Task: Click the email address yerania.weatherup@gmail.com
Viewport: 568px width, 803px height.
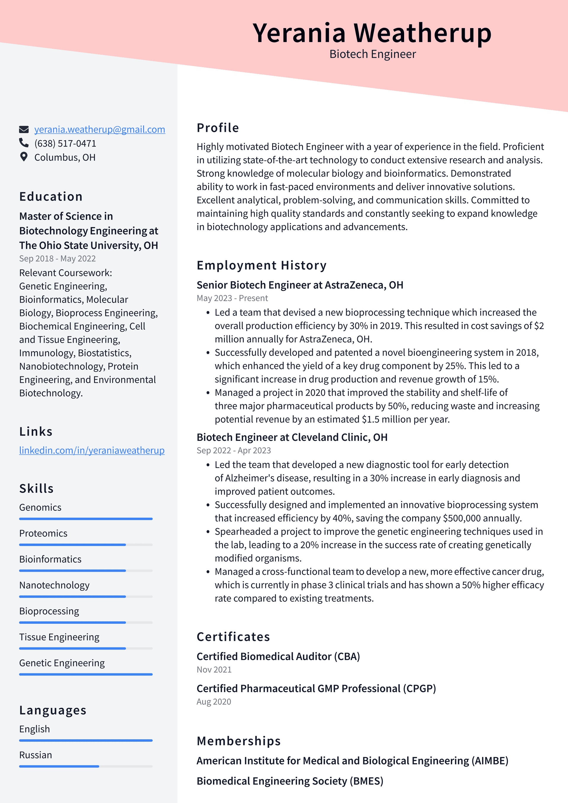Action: (x=99, y=129)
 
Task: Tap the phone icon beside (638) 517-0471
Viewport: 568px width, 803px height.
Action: (x=24, y=143)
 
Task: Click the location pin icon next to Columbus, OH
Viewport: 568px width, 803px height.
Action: (x=24, y=157)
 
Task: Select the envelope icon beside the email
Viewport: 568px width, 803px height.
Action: (x=24, y=129)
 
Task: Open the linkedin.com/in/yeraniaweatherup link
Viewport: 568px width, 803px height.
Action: (x=92, y=450)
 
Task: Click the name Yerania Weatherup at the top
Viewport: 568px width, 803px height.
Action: (x=372, y=33)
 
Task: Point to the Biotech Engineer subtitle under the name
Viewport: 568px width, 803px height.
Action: (x=372, y=54)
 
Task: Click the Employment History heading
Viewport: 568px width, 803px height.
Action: (x=261, y=265)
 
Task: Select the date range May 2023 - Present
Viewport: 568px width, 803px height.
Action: (x=232, y=298)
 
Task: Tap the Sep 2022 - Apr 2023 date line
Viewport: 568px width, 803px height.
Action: (x=233, y=450)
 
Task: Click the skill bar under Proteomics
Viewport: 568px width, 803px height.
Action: (x=86, y=544)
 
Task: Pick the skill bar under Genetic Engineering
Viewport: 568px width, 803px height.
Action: (x=86, y=674)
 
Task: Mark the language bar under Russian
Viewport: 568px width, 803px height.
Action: (x=86, y=766)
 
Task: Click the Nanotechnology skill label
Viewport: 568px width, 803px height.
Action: (x=54, y=585)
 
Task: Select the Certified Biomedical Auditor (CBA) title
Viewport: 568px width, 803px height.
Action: (x=278, y=656)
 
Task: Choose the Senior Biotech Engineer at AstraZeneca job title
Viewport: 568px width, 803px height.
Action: (x=300, y=285)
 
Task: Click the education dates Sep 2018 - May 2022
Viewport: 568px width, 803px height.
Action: (x=57, y=259)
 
